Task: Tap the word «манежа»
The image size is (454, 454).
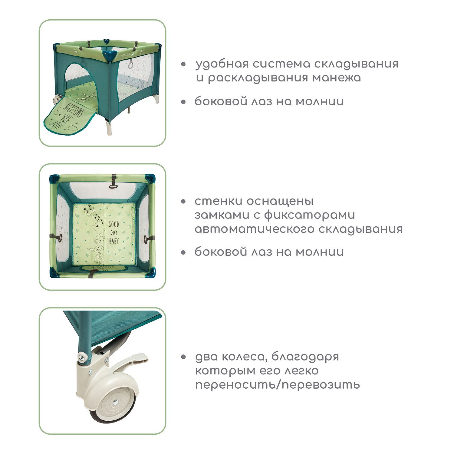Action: [337, 78]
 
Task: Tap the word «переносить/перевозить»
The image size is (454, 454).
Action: [278, 385]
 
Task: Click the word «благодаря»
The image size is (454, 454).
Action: [305, 357]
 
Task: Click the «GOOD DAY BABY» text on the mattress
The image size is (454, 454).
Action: [114, 232]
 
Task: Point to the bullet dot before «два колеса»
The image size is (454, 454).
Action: [183, 357]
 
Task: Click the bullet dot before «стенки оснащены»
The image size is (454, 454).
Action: [183, 202]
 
